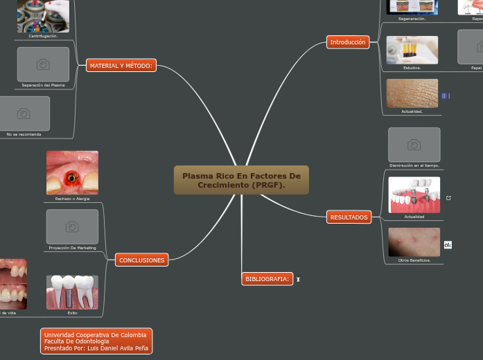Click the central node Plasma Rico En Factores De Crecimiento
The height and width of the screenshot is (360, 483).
[241, 180]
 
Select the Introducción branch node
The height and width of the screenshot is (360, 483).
[347, 42]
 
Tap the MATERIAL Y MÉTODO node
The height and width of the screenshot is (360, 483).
[121, 66]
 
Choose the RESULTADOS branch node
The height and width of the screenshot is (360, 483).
[349, 217]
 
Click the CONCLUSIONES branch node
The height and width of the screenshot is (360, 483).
[141, 260]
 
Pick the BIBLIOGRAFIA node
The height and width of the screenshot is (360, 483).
[267, 279]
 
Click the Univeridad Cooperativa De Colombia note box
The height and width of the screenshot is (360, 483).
[96, 341]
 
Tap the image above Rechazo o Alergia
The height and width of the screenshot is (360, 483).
[72, 172]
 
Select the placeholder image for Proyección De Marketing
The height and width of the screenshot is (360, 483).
[72, 226]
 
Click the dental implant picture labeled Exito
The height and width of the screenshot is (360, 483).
[72, 291]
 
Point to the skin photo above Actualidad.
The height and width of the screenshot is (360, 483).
[412, 93]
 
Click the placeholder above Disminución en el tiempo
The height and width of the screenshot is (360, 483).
[414, 144]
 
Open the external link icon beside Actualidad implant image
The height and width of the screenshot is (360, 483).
[448, 198]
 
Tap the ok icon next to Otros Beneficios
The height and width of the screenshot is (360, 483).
[448, 244]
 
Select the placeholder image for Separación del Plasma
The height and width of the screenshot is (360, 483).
[43, 64]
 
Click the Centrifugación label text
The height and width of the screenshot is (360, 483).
[43, 36]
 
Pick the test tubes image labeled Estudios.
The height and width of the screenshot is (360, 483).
[412, 50]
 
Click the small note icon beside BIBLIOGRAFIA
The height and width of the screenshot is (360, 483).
[298, 280]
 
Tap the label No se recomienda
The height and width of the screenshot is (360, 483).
[24, 134]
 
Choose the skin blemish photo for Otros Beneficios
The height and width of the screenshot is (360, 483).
[414, 242]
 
